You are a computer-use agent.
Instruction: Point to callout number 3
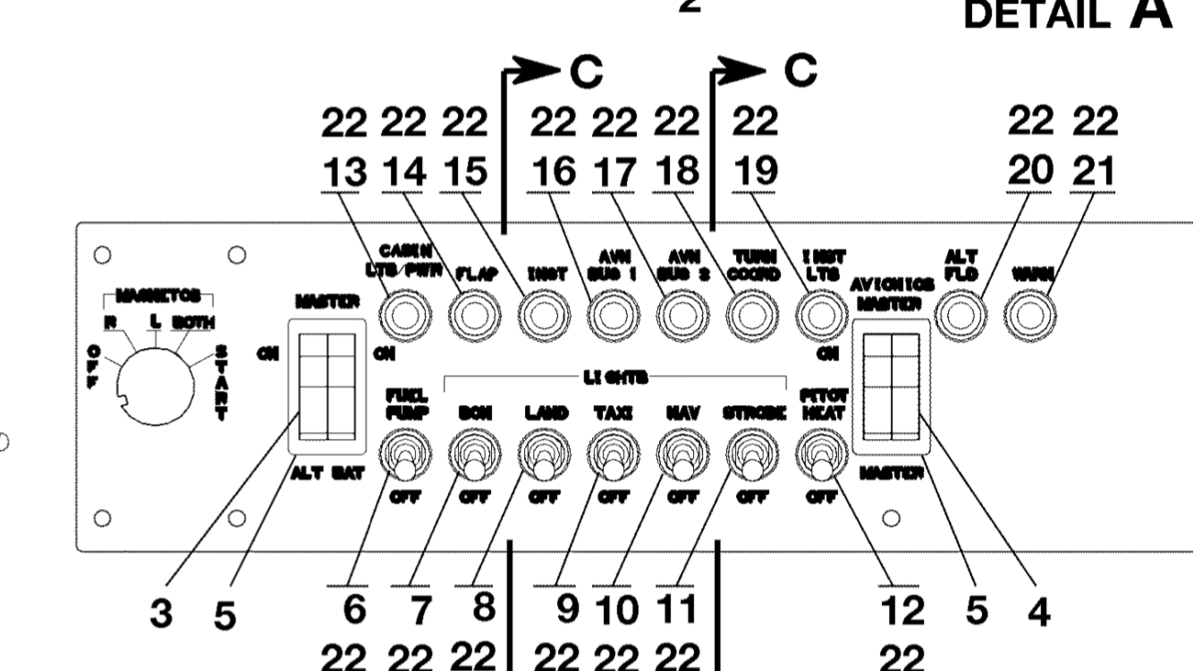pyautogui.click(x=161, y=613)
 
